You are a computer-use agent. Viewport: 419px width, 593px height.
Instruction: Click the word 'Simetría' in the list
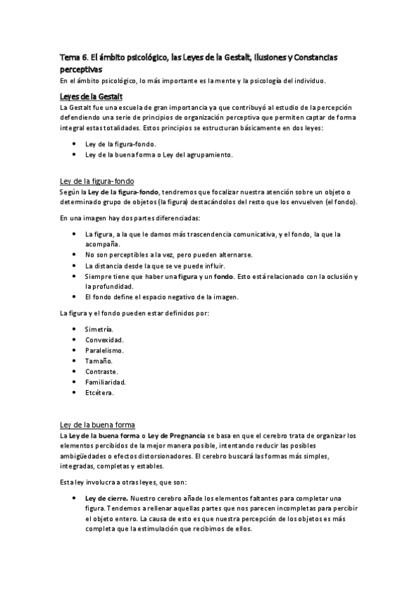99,329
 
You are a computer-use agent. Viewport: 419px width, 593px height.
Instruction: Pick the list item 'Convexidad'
104,339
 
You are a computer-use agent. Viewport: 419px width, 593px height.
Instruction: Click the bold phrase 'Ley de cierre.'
106,497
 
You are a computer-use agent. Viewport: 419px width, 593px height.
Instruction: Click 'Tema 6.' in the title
73,57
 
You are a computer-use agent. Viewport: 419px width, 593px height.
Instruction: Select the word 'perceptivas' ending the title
80,69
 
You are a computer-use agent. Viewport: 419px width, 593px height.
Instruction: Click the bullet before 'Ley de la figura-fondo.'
74,144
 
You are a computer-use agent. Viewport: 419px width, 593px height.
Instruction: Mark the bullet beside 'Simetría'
74,329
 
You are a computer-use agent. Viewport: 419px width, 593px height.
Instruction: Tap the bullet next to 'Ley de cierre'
74,497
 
